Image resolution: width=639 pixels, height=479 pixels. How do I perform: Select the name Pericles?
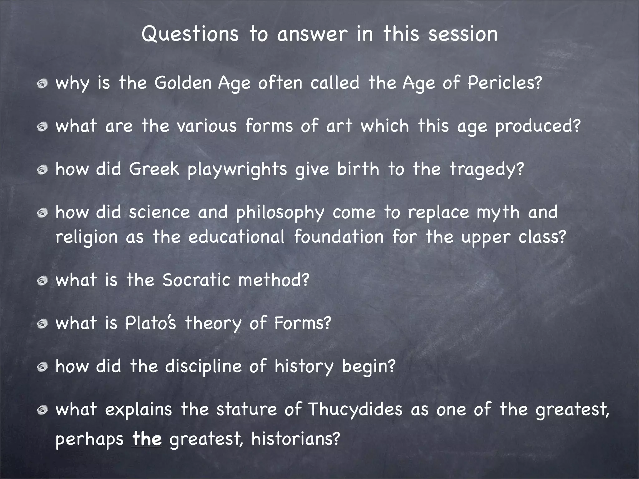click(x=504, y=84)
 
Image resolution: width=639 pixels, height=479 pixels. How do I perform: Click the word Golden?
click(x=183, y=83)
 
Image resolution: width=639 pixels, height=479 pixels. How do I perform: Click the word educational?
click(x=237, y=237)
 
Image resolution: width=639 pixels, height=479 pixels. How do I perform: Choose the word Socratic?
click(x=196, y=280)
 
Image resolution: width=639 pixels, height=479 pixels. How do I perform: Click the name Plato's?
click(x=151, y=323)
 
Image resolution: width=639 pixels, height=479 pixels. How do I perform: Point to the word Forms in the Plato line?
click(x=302, y=323)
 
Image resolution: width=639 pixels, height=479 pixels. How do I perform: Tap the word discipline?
click(x=203, y=366)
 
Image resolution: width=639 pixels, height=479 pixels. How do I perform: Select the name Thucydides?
click(x=355, y=410)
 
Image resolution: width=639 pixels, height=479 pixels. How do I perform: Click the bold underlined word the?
click(x=147, y=439)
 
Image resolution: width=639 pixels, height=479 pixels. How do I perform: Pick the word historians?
click(x=295, y=439)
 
